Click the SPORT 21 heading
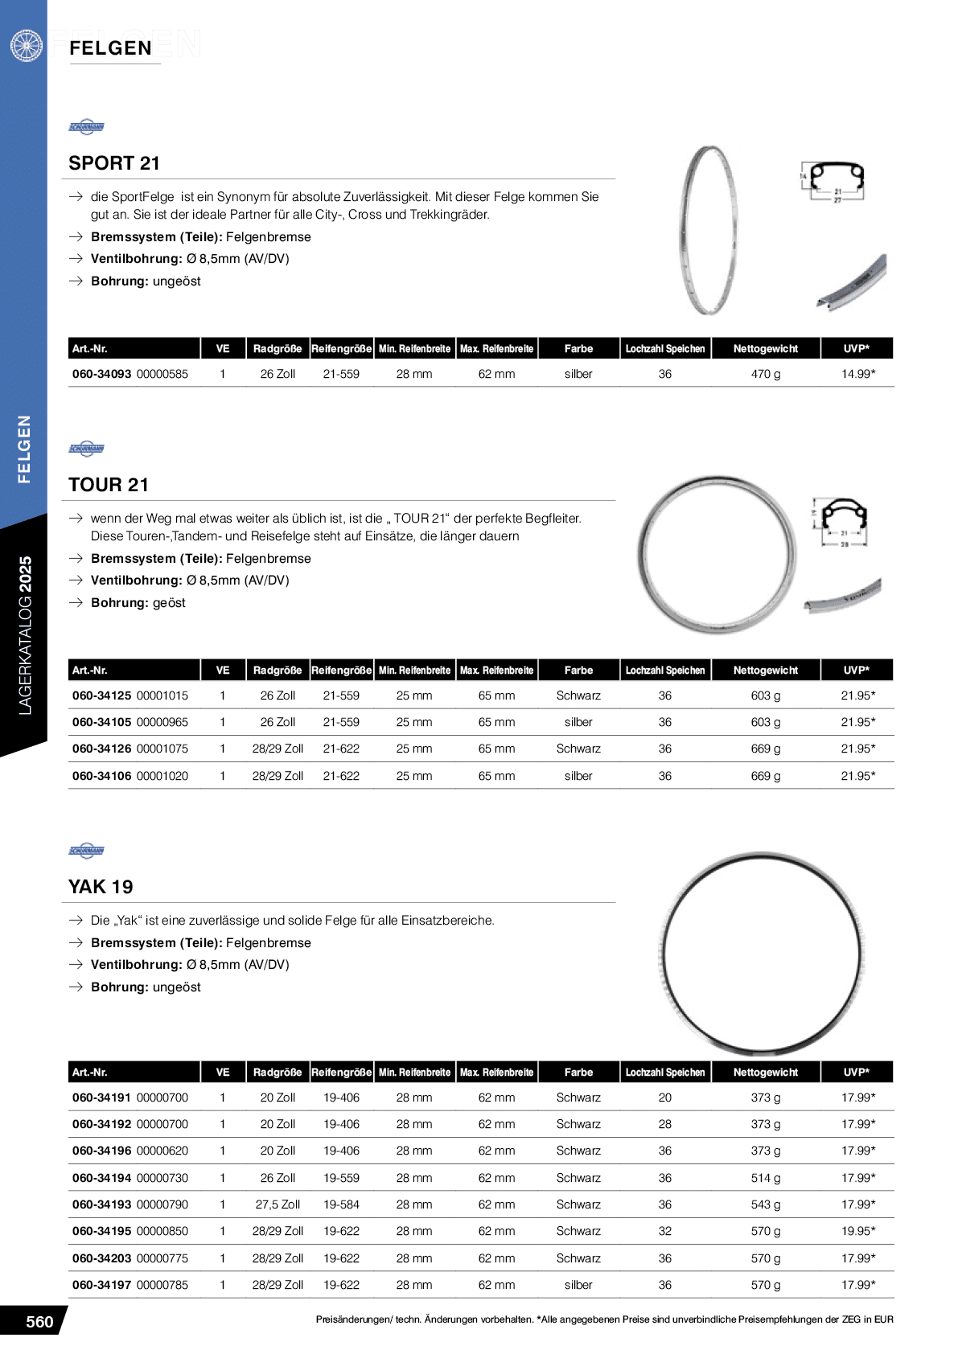point(114,163)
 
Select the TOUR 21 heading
point(109,485)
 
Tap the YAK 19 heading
point(101,887)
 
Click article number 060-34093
point(102,374)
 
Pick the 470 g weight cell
point(765,374)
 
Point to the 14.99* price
point(857,374)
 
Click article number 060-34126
point(102,749)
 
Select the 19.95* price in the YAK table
point(857,1231)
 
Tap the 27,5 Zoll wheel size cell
point(278,1204)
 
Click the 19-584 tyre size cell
point(341,1204)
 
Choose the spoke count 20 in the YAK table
point(664,1098)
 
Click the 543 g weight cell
point(765,1204)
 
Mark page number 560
point(39,1322)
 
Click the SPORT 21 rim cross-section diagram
point(837,182)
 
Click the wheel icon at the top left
point(26,45)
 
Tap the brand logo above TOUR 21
point(87,449)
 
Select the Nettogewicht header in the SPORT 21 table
point(765,349)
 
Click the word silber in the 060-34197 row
point(578,1285)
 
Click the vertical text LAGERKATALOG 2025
point(25,635)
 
